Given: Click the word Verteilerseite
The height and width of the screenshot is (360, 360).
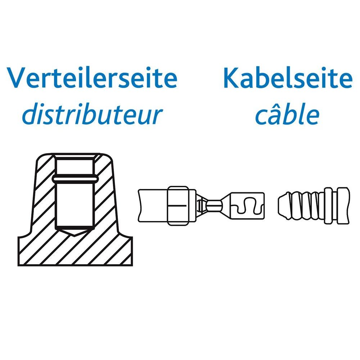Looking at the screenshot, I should click(93, 78).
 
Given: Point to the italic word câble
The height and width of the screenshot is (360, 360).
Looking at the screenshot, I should click(287, 114).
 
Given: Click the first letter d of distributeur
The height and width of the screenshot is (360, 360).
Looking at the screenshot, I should click(29, 114).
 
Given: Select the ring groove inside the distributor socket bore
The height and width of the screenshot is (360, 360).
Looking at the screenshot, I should click(75, 178).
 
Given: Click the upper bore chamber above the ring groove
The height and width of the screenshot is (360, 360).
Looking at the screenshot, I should click(75, 165).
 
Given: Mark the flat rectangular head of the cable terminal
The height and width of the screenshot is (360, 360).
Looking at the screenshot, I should click(248, 206).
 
